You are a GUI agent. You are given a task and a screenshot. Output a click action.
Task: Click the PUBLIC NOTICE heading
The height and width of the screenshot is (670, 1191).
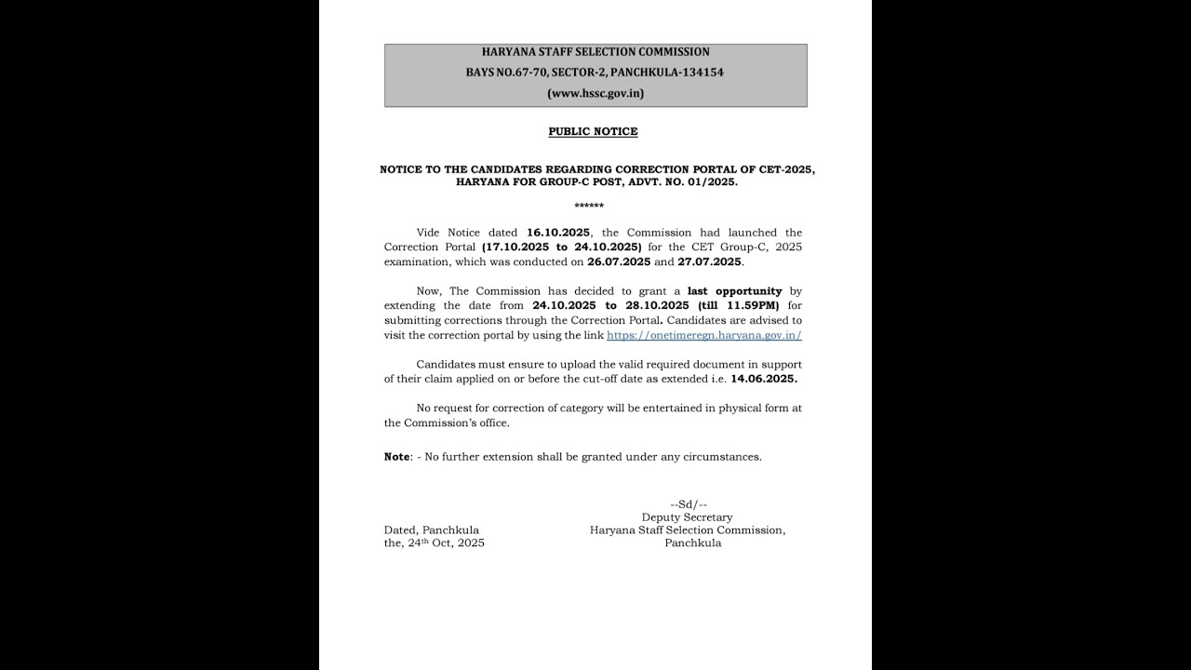[593, 132]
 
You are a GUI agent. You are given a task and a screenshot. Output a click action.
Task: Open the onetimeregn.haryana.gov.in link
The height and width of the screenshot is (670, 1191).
[704, 335]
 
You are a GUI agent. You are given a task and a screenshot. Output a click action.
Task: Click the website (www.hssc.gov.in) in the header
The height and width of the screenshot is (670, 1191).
[595, 93]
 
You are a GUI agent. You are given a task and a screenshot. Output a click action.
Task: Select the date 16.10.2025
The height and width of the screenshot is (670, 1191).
[558, 233]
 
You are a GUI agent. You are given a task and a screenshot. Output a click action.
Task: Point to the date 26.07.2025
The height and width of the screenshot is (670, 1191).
[619, 262]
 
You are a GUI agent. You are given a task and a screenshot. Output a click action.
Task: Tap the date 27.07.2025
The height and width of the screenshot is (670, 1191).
[710, 262]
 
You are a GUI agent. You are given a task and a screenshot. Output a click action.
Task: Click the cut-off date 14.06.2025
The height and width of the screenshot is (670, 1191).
[764, 380]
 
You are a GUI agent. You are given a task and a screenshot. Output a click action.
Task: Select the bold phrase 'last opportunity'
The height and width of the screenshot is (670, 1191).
[734, 291]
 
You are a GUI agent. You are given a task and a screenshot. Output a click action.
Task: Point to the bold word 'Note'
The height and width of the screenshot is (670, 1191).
[396, 457]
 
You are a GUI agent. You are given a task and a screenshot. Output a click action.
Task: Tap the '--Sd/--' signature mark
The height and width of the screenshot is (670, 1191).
[689, 504]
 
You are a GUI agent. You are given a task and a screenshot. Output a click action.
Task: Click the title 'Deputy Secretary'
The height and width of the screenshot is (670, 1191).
[687, 517]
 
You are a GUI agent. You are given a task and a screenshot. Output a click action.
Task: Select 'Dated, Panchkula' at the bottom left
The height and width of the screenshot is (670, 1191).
[432, 530]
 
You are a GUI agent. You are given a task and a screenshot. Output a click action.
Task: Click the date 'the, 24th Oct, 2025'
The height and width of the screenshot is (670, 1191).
[435, 543]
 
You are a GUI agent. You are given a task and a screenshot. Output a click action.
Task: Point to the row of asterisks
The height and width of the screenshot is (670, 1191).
[589, 206]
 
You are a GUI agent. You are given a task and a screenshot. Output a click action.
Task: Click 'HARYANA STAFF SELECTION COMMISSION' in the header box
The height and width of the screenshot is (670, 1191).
[595, 52]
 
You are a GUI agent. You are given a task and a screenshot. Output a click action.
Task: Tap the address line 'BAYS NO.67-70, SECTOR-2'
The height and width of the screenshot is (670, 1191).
[595, 73]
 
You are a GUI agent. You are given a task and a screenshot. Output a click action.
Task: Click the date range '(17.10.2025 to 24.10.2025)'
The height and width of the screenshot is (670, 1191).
[561, 248]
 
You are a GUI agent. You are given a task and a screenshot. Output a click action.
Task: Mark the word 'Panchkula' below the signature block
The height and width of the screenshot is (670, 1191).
[692, 543]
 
